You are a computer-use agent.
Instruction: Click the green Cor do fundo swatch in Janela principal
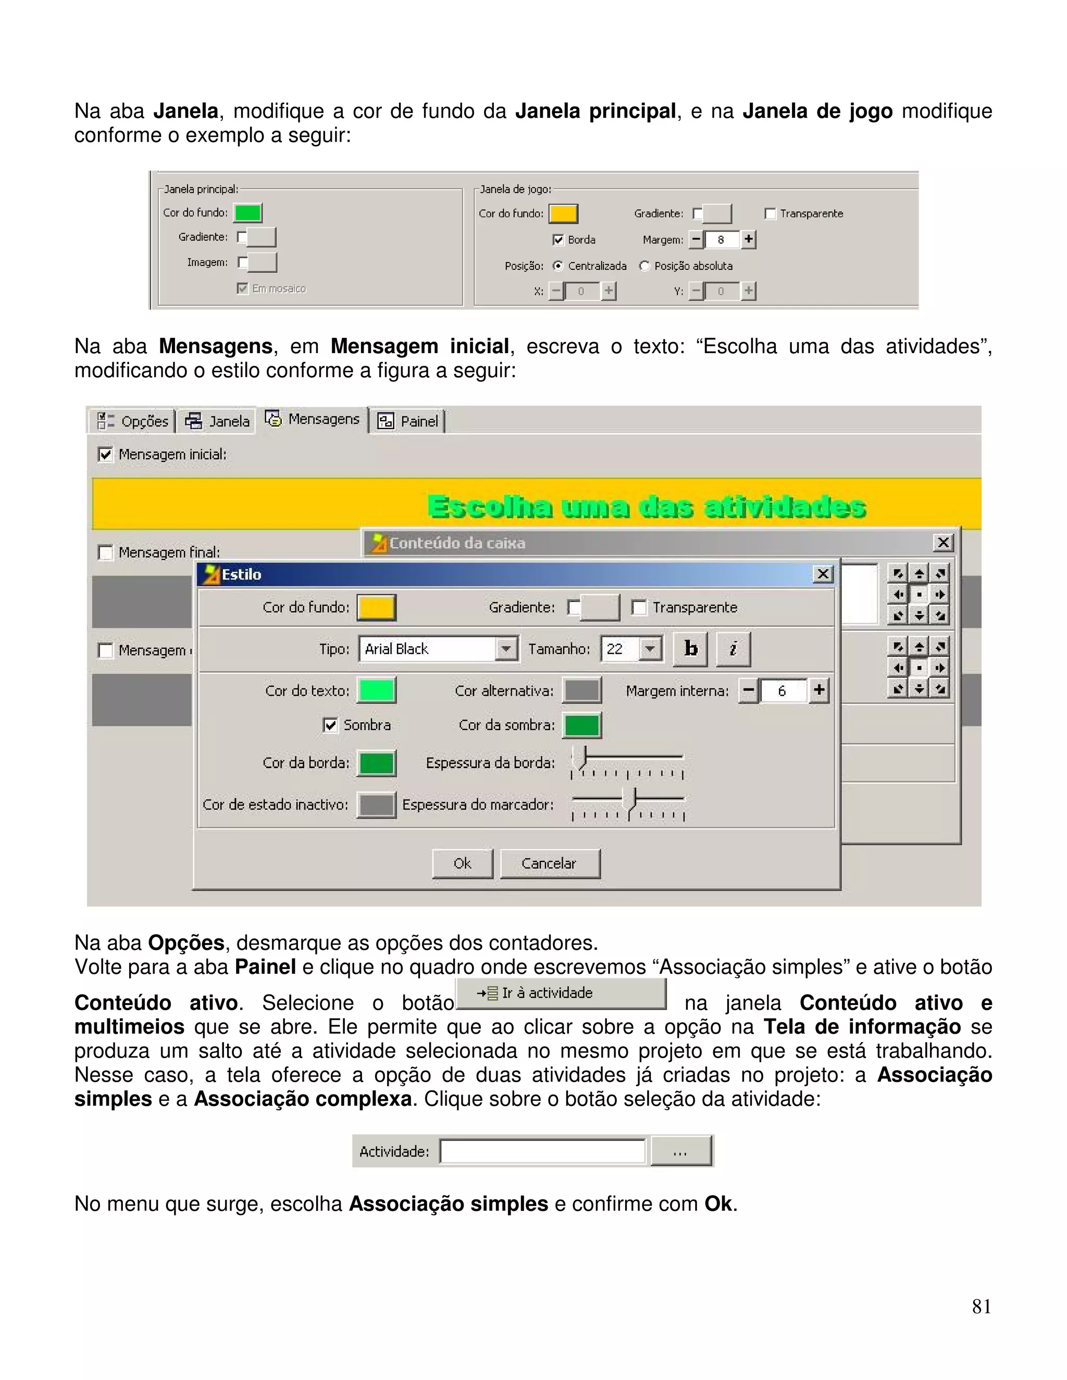tap(248, 213)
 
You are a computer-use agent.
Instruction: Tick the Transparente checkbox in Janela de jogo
tap(770, 214)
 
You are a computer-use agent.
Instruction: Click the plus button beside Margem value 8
tap(749, 240)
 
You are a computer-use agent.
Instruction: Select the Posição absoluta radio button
tap(644, 266)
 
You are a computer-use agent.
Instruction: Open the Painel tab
tap(409, 421)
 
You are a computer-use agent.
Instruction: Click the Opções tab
tap(133, 421)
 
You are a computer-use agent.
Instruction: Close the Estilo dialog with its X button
tap(822, 574)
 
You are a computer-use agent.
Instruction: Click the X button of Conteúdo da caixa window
tap(942, 542)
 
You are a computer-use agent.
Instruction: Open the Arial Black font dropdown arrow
tap(506, 649)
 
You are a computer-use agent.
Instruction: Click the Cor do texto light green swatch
tap(377, 691)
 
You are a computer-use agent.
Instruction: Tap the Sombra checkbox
tap(330, 725)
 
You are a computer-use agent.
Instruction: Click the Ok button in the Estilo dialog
tap(462, 863)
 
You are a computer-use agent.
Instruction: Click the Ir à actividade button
tap(561, 993)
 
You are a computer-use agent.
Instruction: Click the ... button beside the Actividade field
tap(681, 1151)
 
